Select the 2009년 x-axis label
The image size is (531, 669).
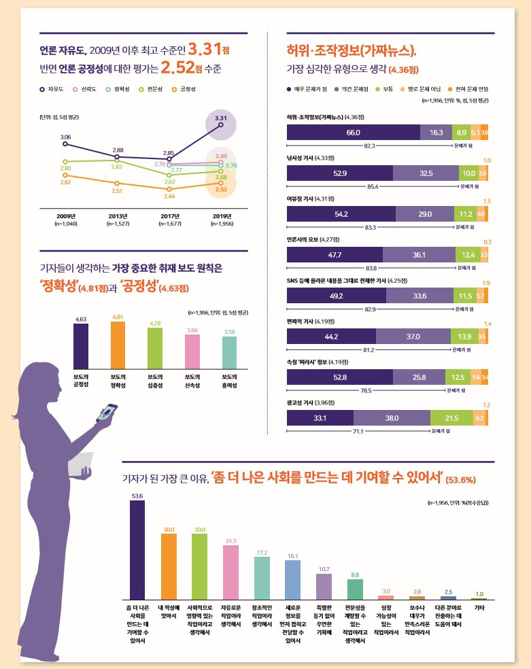tap(65, 216)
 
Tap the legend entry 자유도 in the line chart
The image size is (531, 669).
tap(51, 89)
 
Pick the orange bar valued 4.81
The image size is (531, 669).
tap(118, 345)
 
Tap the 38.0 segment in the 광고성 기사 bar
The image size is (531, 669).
tap(392, 418)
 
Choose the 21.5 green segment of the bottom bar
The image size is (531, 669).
tap(451, 418)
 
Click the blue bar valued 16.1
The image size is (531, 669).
tap(293, 580)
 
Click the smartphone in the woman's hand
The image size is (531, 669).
tap(108, 413)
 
